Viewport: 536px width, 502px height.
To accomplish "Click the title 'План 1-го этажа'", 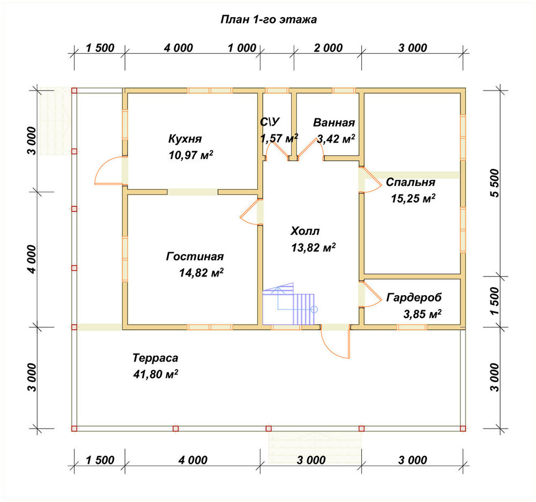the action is (269, 19).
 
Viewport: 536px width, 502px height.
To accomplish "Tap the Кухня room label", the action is (185, 139).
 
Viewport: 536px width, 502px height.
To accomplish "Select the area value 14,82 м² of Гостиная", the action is (202, 272).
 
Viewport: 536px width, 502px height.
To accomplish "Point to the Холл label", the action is (305, 231).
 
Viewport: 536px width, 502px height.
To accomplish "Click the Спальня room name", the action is (411, 182).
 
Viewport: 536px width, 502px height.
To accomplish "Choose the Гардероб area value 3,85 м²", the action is (422, 314).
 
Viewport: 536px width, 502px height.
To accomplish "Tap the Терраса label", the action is (155, 358).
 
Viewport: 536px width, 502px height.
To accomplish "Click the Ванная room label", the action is (334, 122).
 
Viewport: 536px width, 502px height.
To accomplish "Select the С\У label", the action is (270, 122).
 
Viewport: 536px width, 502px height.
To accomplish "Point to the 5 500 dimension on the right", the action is (495, 183).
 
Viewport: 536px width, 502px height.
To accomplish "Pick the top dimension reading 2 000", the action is (328, 48).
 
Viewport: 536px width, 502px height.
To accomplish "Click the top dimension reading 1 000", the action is (242, 48).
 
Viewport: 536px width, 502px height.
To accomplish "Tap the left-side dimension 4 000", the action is (32, 259).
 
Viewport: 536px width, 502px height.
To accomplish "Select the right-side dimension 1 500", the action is (495, 301).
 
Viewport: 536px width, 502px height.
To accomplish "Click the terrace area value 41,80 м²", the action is (155, 374).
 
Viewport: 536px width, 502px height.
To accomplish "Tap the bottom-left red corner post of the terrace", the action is (74, 429).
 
